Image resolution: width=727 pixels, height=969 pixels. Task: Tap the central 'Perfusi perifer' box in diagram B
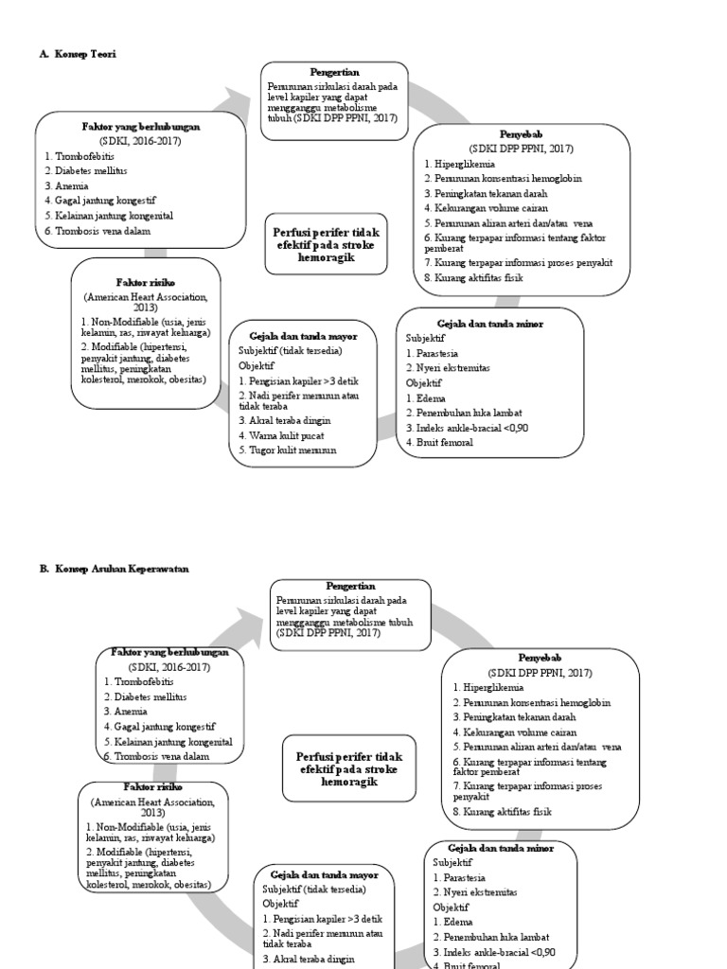pos(349,769)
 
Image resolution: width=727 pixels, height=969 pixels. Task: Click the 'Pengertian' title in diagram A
pos(334,72)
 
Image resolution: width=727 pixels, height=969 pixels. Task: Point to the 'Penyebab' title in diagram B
pos(540,657)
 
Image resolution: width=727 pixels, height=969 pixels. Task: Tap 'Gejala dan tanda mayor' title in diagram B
pos(318,875)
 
